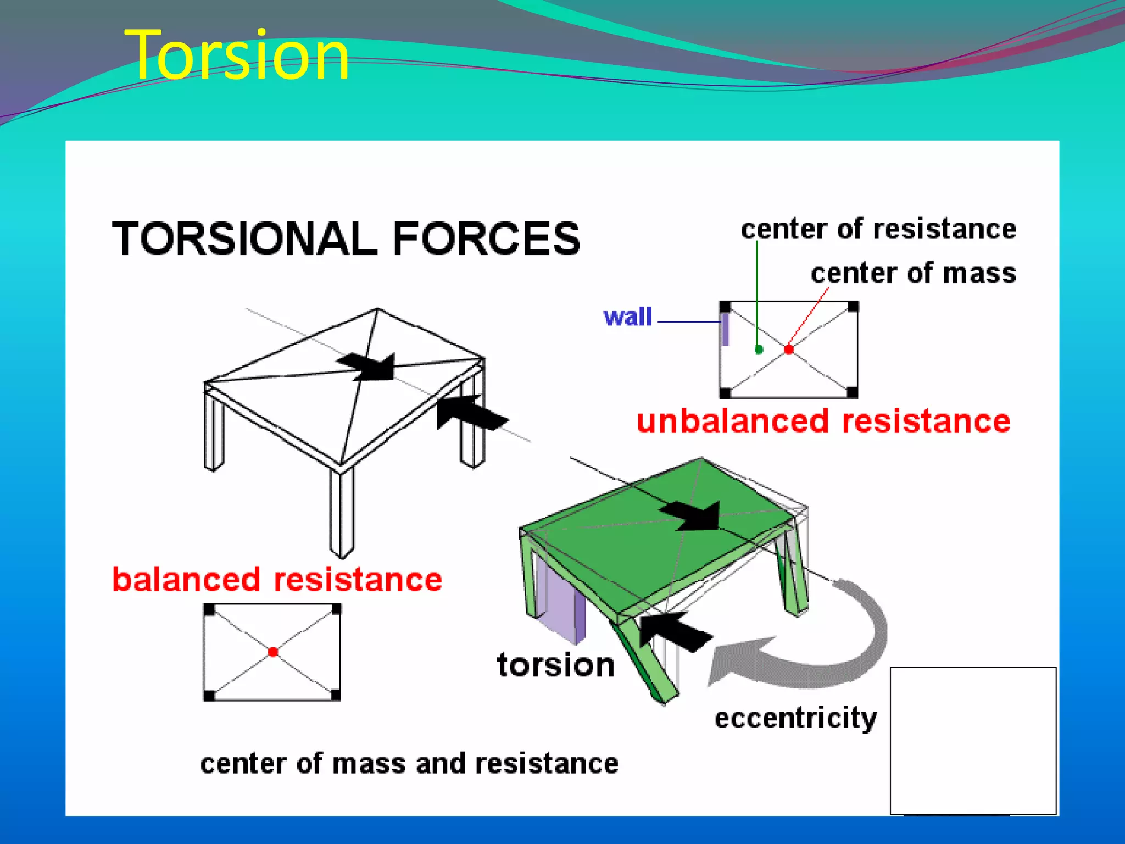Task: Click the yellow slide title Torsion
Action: pyautogui.click(x=237, y=55)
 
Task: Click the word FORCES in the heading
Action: pyautogui.click(x=486, y=238)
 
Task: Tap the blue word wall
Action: pyautogui.click(x=627, y=317)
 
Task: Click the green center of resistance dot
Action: pyautogui.click(x=759, y=349)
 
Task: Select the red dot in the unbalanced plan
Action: pyautogui.click(x=789, y=349)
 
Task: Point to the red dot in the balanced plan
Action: pyautogui.click(x=273, y=652)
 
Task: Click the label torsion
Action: pyautogui.click(x=555, y=665)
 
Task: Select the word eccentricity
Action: pyautogui.click(x=795, y=718)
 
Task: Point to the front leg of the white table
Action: pyautogui.click(x=342, y=511)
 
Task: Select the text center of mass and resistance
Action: pyautogui.click(x=409, y=764)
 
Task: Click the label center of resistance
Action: pyautogui.click(x=878, y=229)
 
